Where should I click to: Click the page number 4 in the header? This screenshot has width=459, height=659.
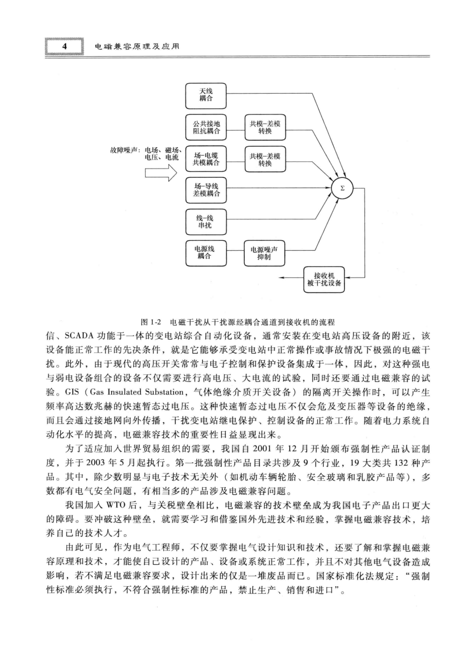(65, 46)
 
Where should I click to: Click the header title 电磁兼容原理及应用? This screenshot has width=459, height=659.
(137, 47)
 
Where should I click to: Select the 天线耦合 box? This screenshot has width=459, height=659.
(206, 96)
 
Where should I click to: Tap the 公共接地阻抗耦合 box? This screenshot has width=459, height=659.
(206, 128)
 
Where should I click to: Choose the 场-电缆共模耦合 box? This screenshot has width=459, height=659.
(206, 159)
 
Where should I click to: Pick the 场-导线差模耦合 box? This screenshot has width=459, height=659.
(206, 190)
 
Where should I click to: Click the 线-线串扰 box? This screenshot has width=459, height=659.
(206, 222)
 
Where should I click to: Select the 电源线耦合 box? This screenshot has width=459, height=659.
(206, 253)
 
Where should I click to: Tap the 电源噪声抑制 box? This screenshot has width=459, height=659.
(265, 253)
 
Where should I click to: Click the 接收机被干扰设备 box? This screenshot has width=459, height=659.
(324, 280)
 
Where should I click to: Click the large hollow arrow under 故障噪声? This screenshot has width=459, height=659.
(160, 173)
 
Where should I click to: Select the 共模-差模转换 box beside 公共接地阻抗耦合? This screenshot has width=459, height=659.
(265, 128)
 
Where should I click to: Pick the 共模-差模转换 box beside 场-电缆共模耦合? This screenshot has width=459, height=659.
(265, 159)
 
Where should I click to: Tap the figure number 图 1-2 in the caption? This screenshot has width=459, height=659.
(151, 322)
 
